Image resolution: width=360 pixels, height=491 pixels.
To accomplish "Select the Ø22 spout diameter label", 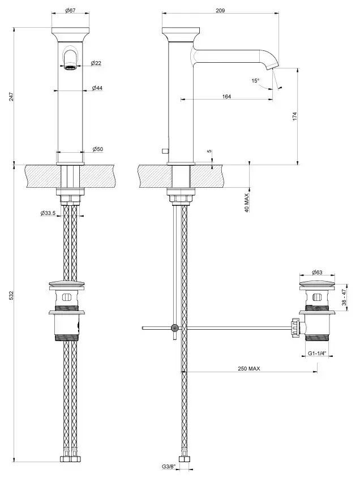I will (96, 63).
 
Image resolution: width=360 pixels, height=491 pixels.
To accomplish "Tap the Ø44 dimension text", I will (97, 88).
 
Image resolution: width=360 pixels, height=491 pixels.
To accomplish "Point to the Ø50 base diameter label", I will (97, 149).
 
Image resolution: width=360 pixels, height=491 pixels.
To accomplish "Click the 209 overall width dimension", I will (221, 11).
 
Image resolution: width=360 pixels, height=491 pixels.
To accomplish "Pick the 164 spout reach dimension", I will (226, 97).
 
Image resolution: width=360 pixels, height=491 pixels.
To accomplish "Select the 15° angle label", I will (256, 81).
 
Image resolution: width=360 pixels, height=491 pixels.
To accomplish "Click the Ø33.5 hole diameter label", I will (48, 213).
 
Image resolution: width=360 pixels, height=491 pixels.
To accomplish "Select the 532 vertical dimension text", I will (12, 296).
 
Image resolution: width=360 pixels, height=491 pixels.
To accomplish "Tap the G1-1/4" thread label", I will (318, 354).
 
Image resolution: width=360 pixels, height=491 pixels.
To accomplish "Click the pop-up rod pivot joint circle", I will (175, 328).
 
